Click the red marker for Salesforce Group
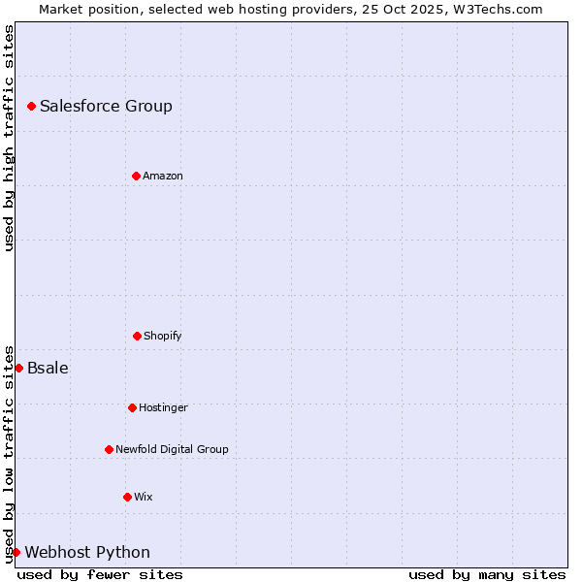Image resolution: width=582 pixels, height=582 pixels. tap(31, 106)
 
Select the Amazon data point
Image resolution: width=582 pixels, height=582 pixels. tap(136, 176)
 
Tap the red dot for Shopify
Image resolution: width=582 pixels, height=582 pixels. tap(137, 336)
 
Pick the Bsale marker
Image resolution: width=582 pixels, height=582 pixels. tap(18, 368)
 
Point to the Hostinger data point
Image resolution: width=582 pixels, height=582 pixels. tap(132, 407)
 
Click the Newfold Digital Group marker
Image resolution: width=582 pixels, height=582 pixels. tap(109, 449)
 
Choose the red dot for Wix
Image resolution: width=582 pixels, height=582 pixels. tap(127, 497)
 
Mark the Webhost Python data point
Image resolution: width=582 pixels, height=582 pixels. tap(16, 552)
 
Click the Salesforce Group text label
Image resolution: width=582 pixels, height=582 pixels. tap(106, 106)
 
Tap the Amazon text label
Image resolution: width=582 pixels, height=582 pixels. tap(163, 176)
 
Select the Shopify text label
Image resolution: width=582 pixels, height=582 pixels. tap(163, 336)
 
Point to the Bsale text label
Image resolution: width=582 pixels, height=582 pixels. tap(48, 368)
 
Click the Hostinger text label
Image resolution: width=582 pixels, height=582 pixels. tap(163, 407)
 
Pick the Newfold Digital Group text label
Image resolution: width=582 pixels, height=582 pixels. tap(172, 449)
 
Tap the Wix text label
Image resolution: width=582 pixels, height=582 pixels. tap(144, 497)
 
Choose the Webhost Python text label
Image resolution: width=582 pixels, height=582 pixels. tap(87, 552)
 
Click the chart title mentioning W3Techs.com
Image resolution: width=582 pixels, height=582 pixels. tap(291, 9)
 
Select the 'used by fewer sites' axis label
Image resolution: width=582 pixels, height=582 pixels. tap(100, 574)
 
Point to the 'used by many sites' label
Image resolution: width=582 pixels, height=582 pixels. tap(487, 574)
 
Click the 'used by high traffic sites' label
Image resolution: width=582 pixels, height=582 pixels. tap(9, 138)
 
